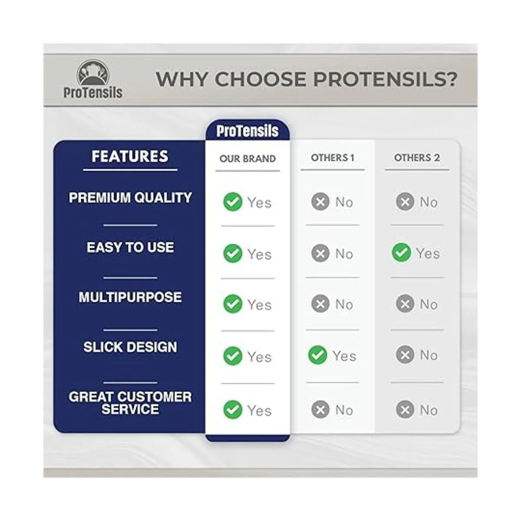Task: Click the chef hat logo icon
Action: pos(93,73)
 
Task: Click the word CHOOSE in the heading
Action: pos(261,79)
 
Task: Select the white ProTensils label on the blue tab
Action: pos(247,131)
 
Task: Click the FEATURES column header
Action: pos(130,156)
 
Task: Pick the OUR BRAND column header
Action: pos(247,159)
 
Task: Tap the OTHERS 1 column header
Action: pos(333,158)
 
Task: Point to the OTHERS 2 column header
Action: pos(417,158)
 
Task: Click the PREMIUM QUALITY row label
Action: pos(130,198)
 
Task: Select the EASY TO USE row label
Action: pos(130,247)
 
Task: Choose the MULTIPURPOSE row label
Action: pos(130,297)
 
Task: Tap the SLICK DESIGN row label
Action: pos(130,347)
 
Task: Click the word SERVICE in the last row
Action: pos(130,409)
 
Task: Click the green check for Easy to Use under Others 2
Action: pos(402,253)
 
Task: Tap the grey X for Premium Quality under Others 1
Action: pos(320,201)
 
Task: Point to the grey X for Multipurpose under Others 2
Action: pos(405,303)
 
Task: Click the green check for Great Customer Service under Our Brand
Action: pos(233,409)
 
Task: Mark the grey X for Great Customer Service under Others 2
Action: pos(405,409)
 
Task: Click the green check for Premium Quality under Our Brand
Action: pos(233,202)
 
